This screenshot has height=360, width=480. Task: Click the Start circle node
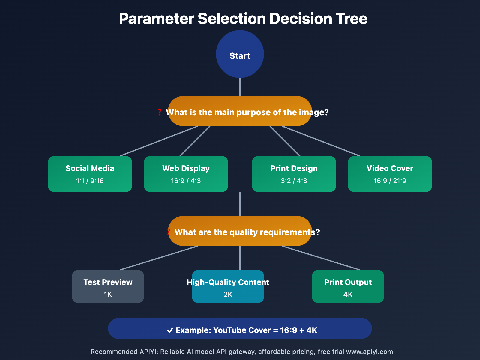point(240,54)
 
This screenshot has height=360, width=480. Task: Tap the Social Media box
point(90,174)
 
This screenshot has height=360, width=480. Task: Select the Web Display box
point(186,174)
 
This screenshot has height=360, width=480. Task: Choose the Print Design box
point(294,174)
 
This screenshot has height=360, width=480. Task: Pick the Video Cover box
point(390,174)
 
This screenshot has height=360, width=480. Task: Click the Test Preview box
point(108,286)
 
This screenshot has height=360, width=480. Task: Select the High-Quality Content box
point(228,286)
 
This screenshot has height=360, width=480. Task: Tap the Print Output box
point(348,286)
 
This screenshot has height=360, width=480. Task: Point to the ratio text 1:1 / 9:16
point(90,181)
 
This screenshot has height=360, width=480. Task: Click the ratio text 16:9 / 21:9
point(390,181)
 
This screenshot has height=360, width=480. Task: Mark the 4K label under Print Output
point(348,295)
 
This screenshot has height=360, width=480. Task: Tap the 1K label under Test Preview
point(108,295)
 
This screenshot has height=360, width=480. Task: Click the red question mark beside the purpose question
point(160,112)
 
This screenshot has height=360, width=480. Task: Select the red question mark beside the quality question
point(169,232)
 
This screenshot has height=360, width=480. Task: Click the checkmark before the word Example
point(170,330)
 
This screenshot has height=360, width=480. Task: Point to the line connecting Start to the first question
point(240,87)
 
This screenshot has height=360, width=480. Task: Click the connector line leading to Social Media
point(159,141)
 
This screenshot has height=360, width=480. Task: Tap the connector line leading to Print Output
point(321,258)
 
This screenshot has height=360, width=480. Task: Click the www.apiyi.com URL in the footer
point(369,352)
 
